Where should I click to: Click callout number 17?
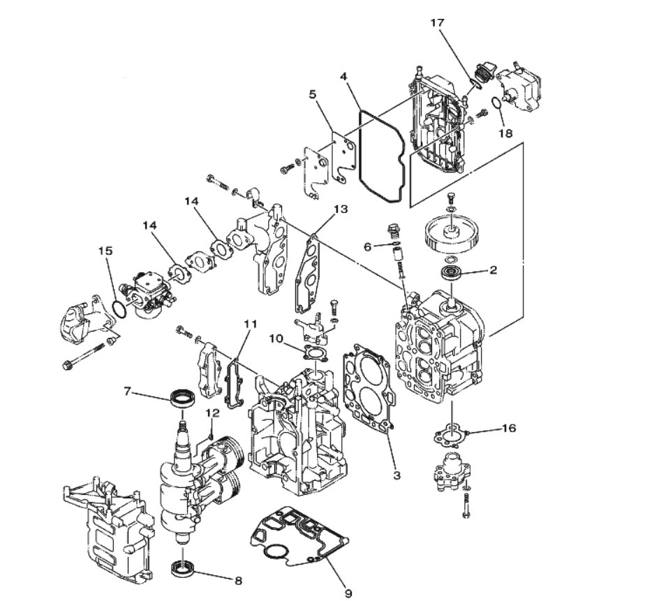(437, 22)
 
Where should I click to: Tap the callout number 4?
(343, 76)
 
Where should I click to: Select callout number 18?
(505, 133)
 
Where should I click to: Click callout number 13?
(341, 209)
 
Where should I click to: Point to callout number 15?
(105, 251)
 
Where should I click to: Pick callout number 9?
(348, 593)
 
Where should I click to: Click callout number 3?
(396, 475)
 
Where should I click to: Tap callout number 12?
(213, 413)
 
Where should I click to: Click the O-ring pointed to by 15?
(119, 309)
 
